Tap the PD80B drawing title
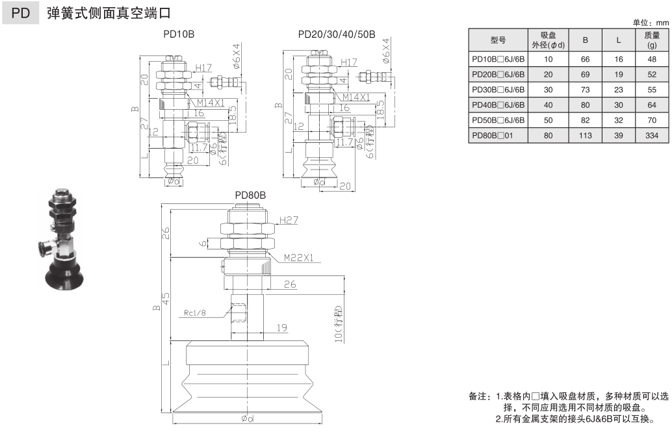(251, 195)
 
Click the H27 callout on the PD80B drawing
(288, 220)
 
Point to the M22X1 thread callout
(299, 258)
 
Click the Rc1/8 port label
(195, 313)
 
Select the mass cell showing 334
(652, 135)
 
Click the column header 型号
(498, 40)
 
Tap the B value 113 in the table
(585, 135)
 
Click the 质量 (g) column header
(652, 40)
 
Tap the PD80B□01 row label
(498, 135)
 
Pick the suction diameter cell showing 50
(548, 120)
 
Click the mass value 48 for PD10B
(652, 58)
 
